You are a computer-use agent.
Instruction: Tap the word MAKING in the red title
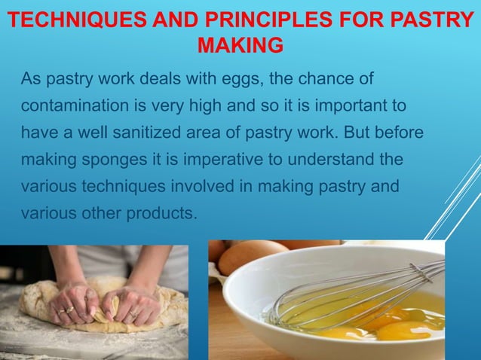click(240, 46)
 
